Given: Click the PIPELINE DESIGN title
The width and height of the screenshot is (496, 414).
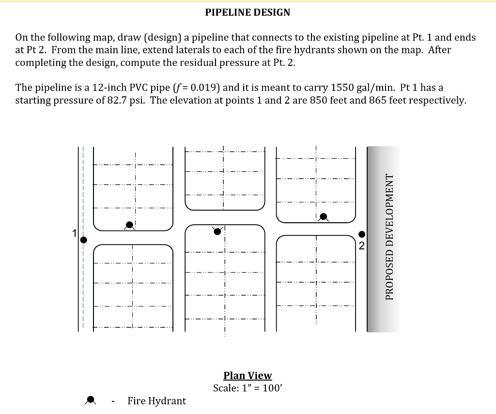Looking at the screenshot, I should coord(248,13).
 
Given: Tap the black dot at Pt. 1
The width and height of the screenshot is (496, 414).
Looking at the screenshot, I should coord(83,240).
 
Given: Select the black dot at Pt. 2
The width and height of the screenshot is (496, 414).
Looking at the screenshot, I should coord(361,235).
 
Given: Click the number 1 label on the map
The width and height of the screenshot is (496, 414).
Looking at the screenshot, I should coord(75,233).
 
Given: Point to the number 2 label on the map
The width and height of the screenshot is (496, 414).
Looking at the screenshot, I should coord(361,245).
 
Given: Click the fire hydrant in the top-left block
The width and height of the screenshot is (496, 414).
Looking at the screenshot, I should coord(129,225).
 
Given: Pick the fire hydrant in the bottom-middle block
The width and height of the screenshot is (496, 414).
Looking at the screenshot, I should coord(217,231).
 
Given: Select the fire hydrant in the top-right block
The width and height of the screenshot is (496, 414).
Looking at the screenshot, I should coord(323,216).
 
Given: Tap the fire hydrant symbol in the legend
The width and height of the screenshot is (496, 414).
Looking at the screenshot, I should coord(90,400).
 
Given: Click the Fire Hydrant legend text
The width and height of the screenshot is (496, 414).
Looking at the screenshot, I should coord(156,401).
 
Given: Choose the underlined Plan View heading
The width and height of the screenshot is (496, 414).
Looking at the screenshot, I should coord(248,376).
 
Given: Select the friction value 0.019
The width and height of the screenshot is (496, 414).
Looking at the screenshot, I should coord(201,88).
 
